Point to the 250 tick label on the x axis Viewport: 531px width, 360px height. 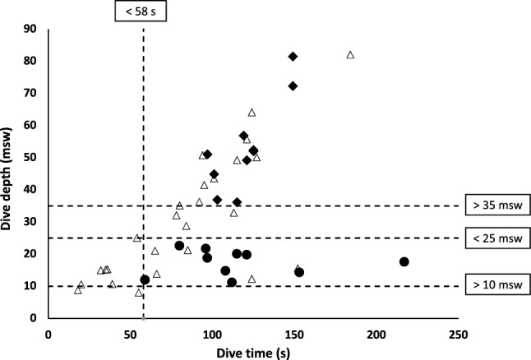pos(459,335)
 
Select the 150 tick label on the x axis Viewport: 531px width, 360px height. pos(294,335)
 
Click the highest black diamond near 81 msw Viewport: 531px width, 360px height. pos(293,57)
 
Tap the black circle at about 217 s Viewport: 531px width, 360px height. pos(404,261)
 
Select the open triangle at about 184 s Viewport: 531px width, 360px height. pos(350,55)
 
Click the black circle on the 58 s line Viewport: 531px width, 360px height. pos(145,279)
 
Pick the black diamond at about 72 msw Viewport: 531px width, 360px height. pos(293,86)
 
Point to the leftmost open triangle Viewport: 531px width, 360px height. pos(78,290)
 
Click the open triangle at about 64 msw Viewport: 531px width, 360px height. pos(252,113)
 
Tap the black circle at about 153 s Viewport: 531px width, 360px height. pos(299,272)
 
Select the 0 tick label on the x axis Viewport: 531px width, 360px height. pos(48,335)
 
